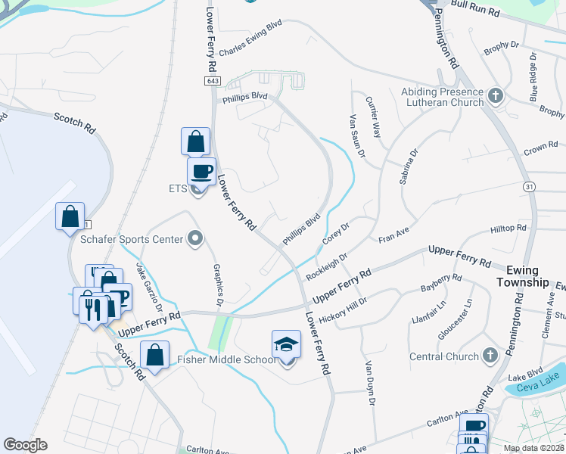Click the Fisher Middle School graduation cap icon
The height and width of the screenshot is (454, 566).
287,344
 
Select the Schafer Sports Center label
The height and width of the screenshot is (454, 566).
132,239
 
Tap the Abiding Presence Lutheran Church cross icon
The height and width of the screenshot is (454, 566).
496,96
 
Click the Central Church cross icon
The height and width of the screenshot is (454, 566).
490,356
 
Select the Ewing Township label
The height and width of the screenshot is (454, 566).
522,276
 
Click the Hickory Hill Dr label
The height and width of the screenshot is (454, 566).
343,311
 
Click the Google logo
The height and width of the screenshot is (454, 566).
25,445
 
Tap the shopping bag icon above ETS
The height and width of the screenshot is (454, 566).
195,141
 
